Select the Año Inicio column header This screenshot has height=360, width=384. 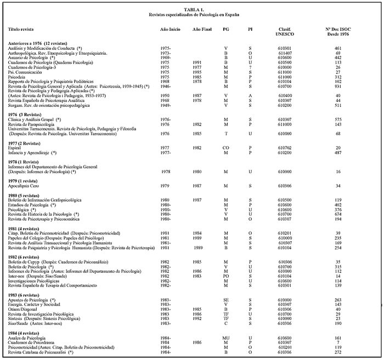(169, 29)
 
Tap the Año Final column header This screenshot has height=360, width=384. (201, 29)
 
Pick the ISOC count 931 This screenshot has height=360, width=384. (338, 86)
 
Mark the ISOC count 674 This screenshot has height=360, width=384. (338, 214)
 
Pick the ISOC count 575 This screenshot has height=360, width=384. (338, 119)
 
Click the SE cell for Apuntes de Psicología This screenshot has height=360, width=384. (225, 300)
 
